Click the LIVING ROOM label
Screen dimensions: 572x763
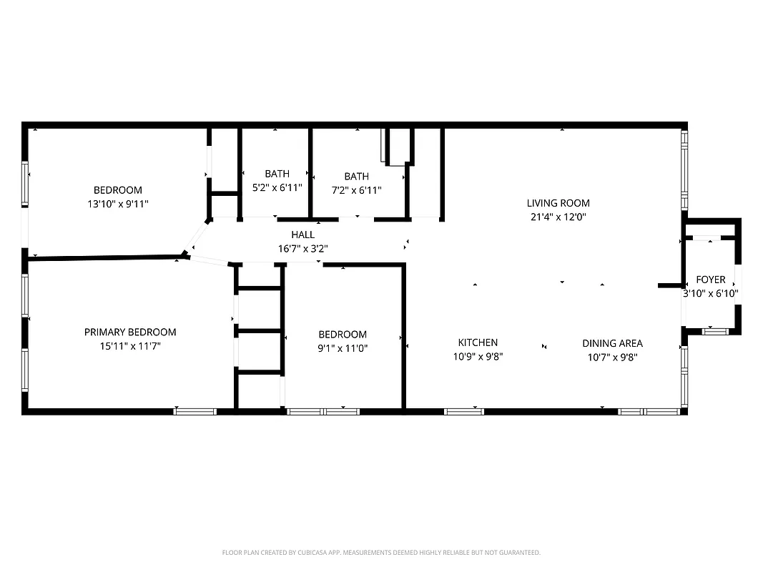point(558,203)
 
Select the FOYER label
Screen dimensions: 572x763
point(710,280)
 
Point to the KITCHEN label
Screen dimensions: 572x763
point(478,342)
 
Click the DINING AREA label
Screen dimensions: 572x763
point(612,343)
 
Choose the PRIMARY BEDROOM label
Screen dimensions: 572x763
point(130,332)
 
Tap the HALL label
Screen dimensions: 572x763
point(302,235)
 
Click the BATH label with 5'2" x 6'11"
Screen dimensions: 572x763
point(277,174)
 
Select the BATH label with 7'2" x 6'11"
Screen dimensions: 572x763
point(356,177)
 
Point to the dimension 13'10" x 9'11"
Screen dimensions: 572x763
point(118,204)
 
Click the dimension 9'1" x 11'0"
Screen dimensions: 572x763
point(343,348)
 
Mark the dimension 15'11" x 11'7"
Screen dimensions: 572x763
point(130,346)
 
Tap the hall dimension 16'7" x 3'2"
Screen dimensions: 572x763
point(302,249)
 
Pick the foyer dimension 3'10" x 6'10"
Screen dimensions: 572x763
point(710,293)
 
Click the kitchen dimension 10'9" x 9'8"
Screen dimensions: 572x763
point(478,357)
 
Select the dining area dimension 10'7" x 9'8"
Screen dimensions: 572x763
point(612,357)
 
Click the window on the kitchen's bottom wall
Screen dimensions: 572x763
point(464,411)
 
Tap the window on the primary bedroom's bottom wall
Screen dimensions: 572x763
point(195,411)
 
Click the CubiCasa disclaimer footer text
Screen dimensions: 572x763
point(381,553)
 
